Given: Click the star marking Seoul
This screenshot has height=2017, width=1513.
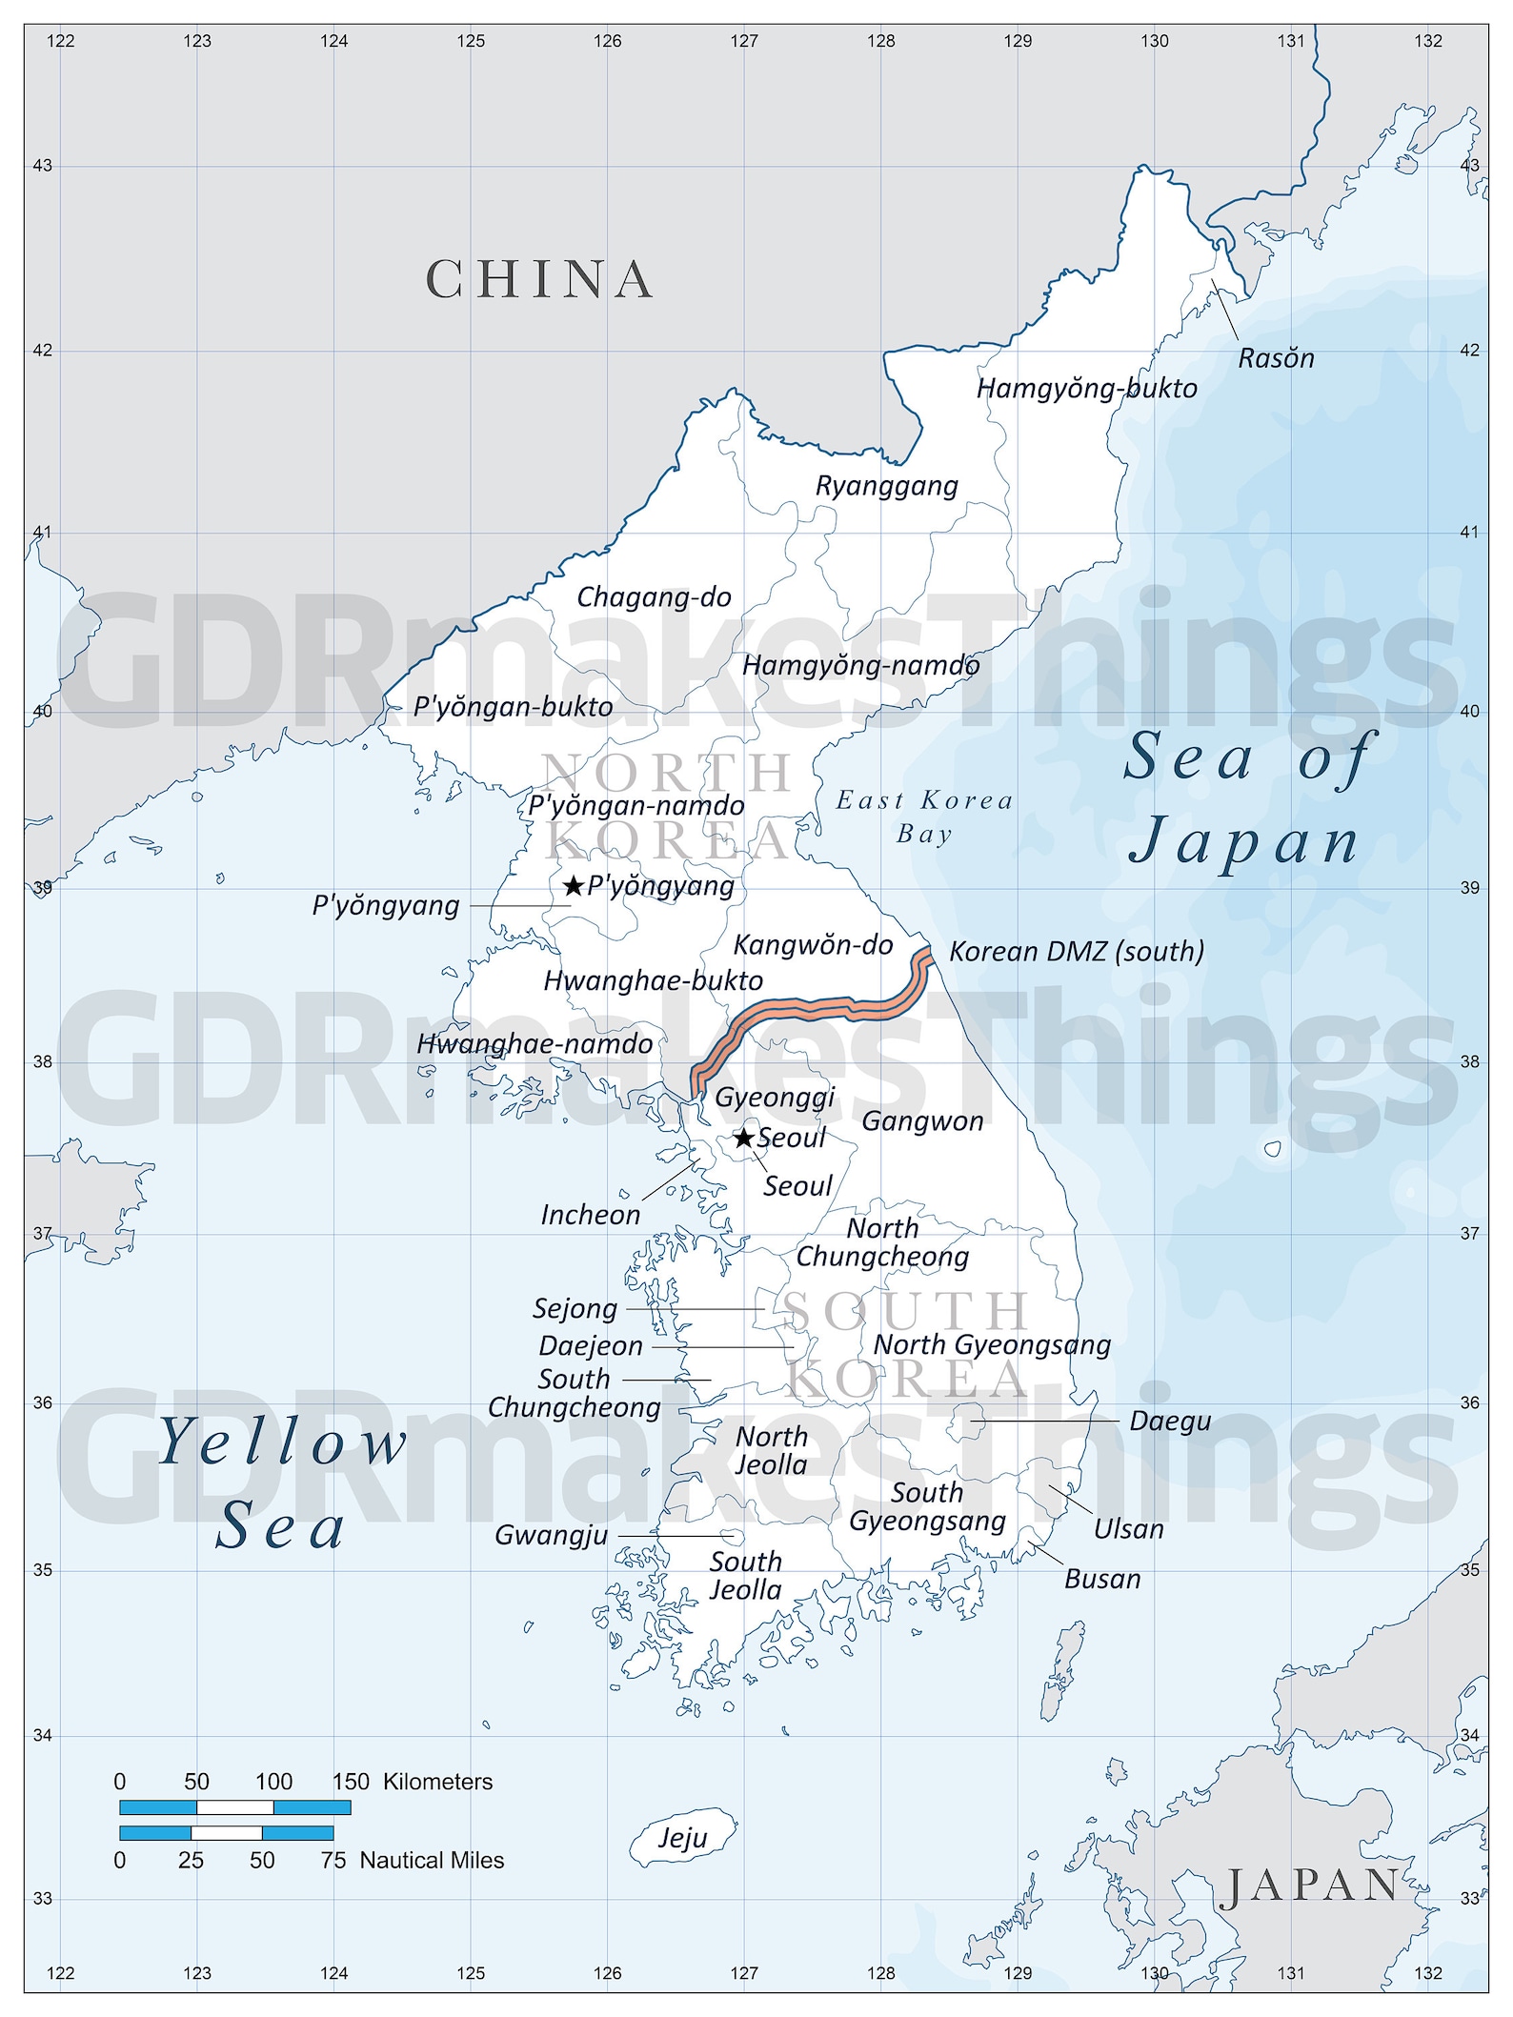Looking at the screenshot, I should tap(744, 1138).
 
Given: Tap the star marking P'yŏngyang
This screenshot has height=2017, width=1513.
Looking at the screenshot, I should tap(573, 886).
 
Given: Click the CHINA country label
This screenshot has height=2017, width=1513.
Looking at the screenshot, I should tap(539, 279).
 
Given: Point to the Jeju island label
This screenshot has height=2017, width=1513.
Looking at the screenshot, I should tap(682, 1837).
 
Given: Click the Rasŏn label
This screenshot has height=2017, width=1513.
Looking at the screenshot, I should tap(1276, 358).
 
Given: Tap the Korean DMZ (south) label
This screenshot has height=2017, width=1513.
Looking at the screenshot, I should tap(1077, 951).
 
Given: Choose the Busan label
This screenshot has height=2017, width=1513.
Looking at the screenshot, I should tap(1101, 1579).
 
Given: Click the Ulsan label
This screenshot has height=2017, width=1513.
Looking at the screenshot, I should tap(1128, 1529).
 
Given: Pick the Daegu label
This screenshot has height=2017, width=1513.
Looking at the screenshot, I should tap(1170, 1421).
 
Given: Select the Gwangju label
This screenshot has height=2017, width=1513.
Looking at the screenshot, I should tap(551, 1535).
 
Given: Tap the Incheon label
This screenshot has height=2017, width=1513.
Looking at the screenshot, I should tap(590, 1215).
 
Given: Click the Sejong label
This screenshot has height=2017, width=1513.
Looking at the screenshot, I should tap(575, 1308).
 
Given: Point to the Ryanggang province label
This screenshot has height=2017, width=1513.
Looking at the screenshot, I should tap(886, 486).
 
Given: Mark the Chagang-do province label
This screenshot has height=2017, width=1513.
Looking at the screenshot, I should tap(654, 597).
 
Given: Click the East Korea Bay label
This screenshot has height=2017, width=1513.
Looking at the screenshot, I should tap(924, 817).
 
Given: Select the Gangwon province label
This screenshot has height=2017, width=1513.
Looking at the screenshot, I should tap(922, 1121).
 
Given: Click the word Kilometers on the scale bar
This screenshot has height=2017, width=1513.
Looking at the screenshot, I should tap(437, 1782).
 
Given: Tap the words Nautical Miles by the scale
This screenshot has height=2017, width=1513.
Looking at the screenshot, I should tap(432, 1860).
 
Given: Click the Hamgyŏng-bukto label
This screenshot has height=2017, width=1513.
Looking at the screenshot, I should tap(1086, 389).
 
